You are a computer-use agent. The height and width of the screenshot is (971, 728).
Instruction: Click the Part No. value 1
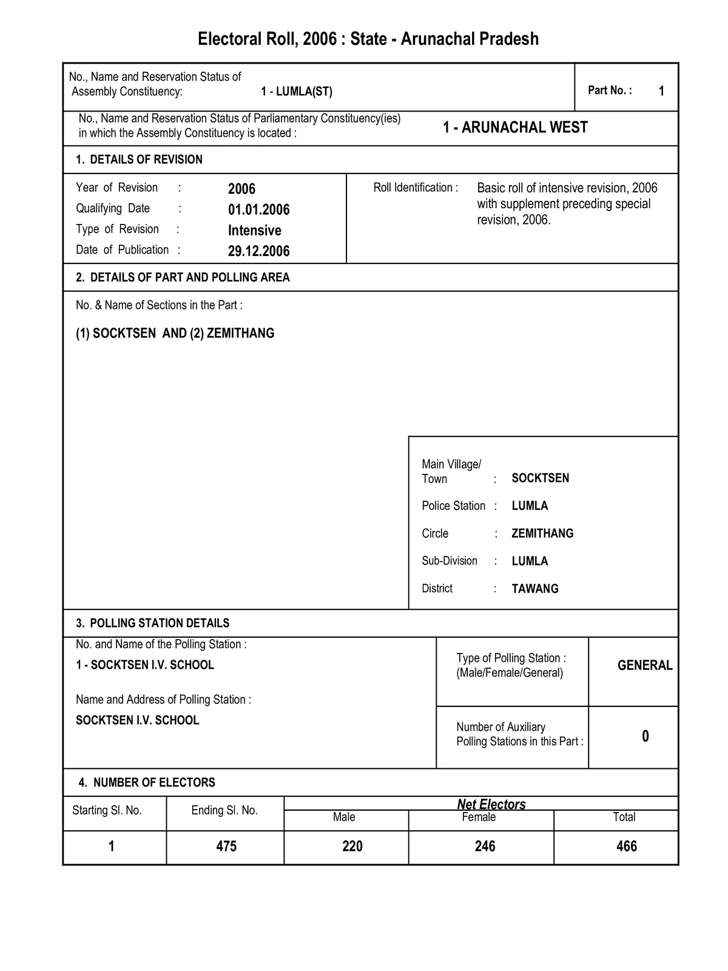[661, 91]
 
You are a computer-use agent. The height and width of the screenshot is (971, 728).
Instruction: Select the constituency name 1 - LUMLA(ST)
[297, 92]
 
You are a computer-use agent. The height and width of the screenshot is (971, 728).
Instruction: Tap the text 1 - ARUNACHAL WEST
[515, 127]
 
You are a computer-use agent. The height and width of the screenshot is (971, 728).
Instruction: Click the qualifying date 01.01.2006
[258, 210]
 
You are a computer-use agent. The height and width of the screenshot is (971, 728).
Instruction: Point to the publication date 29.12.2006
[258, 251]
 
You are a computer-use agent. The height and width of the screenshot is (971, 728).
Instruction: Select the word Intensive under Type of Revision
[254, 231]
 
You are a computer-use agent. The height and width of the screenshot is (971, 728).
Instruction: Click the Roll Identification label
[416, 188]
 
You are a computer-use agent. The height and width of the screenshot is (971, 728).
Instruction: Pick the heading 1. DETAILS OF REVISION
[139, 160]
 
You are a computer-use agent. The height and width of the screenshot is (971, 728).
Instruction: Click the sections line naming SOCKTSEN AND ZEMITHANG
[175, 333]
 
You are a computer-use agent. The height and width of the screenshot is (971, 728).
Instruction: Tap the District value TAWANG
[535, 589]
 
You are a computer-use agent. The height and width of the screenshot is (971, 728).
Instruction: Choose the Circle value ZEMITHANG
[542, 533]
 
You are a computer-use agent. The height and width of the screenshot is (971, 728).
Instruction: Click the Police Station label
[453, 506]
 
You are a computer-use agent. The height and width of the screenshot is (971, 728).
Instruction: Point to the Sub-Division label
[450, 561]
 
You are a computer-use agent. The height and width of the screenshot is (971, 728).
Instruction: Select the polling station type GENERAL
[645, 665]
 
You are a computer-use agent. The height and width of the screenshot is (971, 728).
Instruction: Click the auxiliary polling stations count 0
[645, 736]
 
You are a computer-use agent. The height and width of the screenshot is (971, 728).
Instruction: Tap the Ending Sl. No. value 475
[226, 846]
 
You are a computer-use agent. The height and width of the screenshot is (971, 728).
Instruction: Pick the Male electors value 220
[352, 846]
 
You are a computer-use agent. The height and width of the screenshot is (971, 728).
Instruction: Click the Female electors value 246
[485, 846]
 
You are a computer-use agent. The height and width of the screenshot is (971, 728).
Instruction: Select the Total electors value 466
[626, 846]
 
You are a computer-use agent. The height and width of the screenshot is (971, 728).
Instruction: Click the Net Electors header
[491, 804]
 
